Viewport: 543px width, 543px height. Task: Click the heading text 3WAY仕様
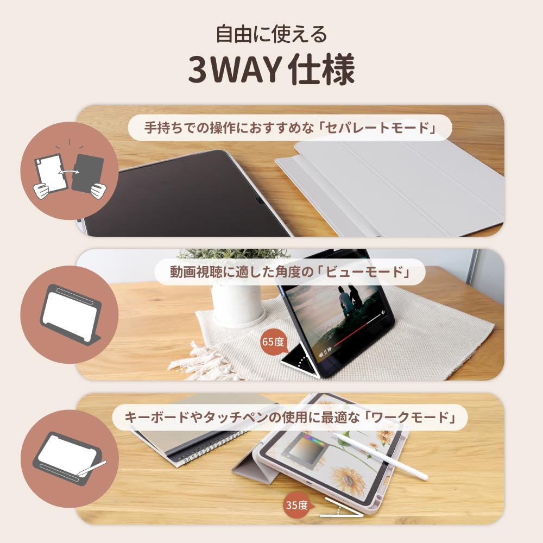[x=271, y=70]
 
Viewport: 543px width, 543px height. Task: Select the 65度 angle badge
[x=273, y=342]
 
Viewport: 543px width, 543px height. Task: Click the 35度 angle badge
[x=297, y=505]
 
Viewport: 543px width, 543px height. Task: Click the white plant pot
[x=238, y=305]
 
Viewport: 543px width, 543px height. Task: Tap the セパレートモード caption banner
[x=290, y=128]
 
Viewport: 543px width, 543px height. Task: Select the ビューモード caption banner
[x=289, y=272]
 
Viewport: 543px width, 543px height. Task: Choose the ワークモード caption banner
[x=289, y=417]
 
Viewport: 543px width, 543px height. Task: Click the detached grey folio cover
[x=389, y=189]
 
